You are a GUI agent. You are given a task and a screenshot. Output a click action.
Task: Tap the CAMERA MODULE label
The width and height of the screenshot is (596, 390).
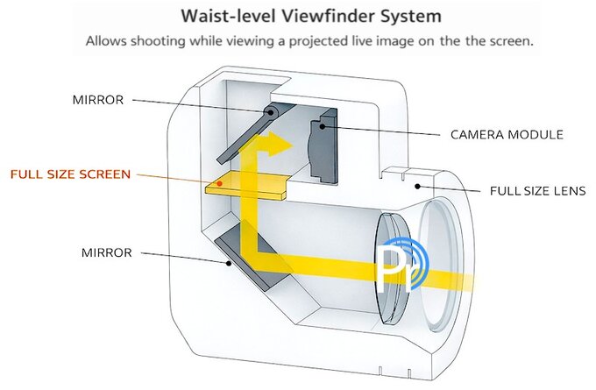[x=506, y=135]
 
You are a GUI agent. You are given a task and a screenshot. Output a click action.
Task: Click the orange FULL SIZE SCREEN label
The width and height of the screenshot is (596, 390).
[x=70, y=174]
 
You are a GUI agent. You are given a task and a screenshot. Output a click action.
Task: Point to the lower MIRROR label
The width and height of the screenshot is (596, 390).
[x=106, y=252]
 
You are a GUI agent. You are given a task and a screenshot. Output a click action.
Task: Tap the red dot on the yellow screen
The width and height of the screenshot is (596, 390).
[x=220, y=184]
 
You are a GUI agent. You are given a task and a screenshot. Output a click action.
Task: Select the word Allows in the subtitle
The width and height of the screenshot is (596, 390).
[x=105, y=41]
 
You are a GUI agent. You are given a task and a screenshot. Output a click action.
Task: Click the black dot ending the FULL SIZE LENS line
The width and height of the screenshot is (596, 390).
[x=419, y=185]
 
